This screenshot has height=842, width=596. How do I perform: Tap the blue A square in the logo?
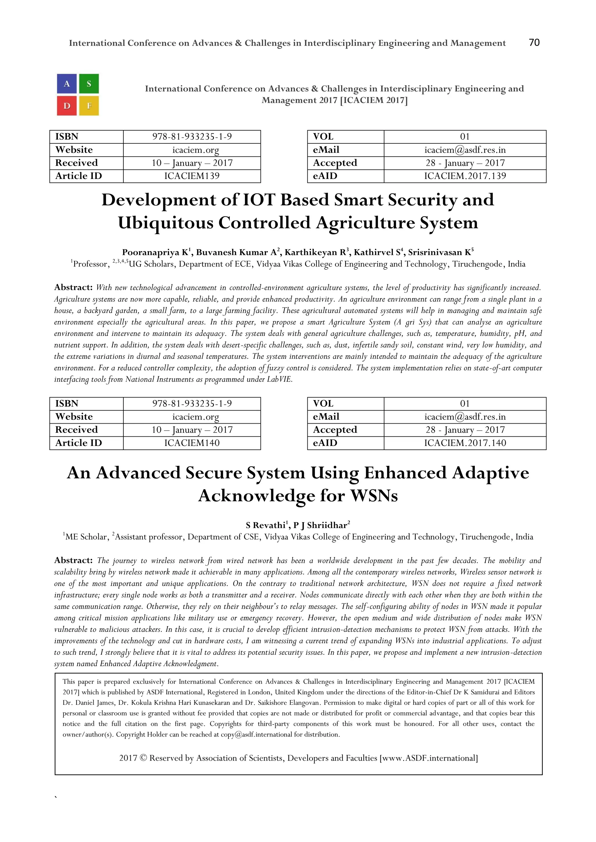(67, 84)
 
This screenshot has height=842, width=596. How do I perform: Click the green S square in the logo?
(89, 84)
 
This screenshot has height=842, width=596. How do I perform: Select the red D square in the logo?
(67, 106)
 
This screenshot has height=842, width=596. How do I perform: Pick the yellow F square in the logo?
(89, 106)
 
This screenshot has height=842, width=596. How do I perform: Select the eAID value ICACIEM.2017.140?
(465, 443)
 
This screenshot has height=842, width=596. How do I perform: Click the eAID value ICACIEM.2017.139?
(465, 176)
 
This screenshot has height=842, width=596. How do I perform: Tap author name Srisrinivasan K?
(440, 252)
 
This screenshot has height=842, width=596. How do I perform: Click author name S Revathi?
(267, 525)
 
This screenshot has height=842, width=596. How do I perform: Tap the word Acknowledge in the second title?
(256, 496)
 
